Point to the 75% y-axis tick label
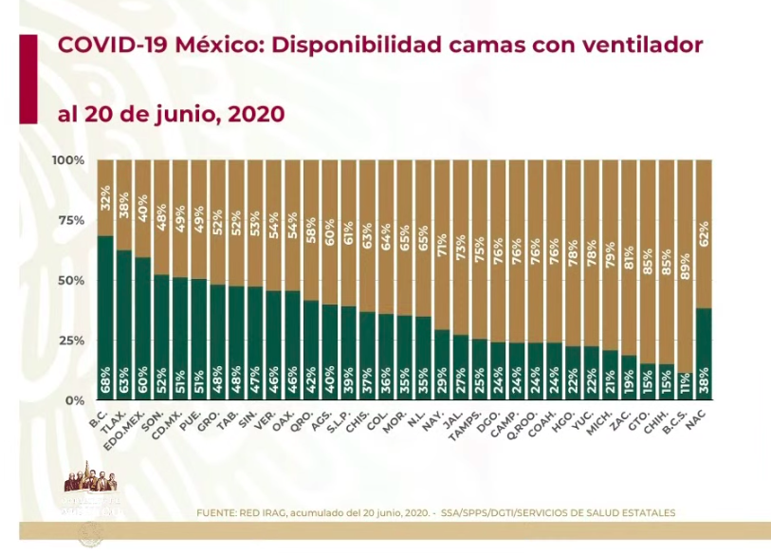point(71,220)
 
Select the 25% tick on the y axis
point(71,341)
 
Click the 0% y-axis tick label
point(75,400)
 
